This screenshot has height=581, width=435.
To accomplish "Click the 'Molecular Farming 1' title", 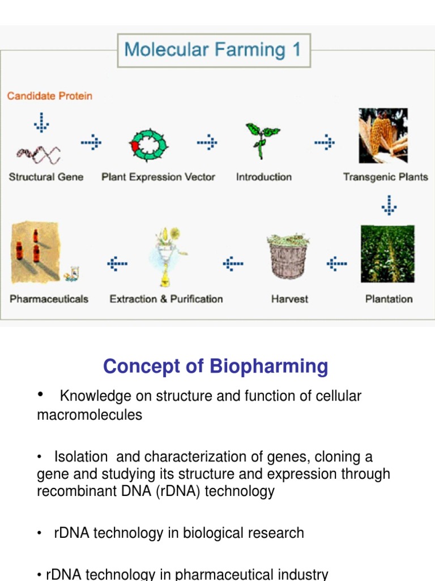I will [x=213, y=49].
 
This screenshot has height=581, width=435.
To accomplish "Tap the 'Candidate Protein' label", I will [x=49, y=96].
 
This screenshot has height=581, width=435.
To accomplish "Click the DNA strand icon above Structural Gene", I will [x=39, y=152].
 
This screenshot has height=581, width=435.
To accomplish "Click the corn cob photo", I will [x=383, y=136].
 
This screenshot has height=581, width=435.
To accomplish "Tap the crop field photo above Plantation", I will [x=387, y=254].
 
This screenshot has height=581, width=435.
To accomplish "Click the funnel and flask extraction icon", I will [x=165, y=258].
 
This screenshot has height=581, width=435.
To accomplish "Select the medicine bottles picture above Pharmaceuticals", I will [x=35, y=251].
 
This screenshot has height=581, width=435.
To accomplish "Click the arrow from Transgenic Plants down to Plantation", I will [x=389, y=205].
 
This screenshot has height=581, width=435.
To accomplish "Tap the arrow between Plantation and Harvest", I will [x=337, y=263].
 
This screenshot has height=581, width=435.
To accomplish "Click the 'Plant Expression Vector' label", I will [x=158, y=177].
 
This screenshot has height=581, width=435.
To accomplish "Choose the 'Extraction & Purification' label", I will [x=166, y=299].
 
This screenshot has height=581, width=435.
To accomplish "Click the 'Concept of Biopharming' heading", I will [x=215, y=367].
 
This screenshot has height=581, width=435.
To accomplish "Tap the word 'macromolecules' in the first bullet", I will [x=89, y=415].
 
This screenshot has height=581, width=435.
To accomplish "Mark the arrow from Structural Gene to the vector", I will [x=91, y=143].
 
